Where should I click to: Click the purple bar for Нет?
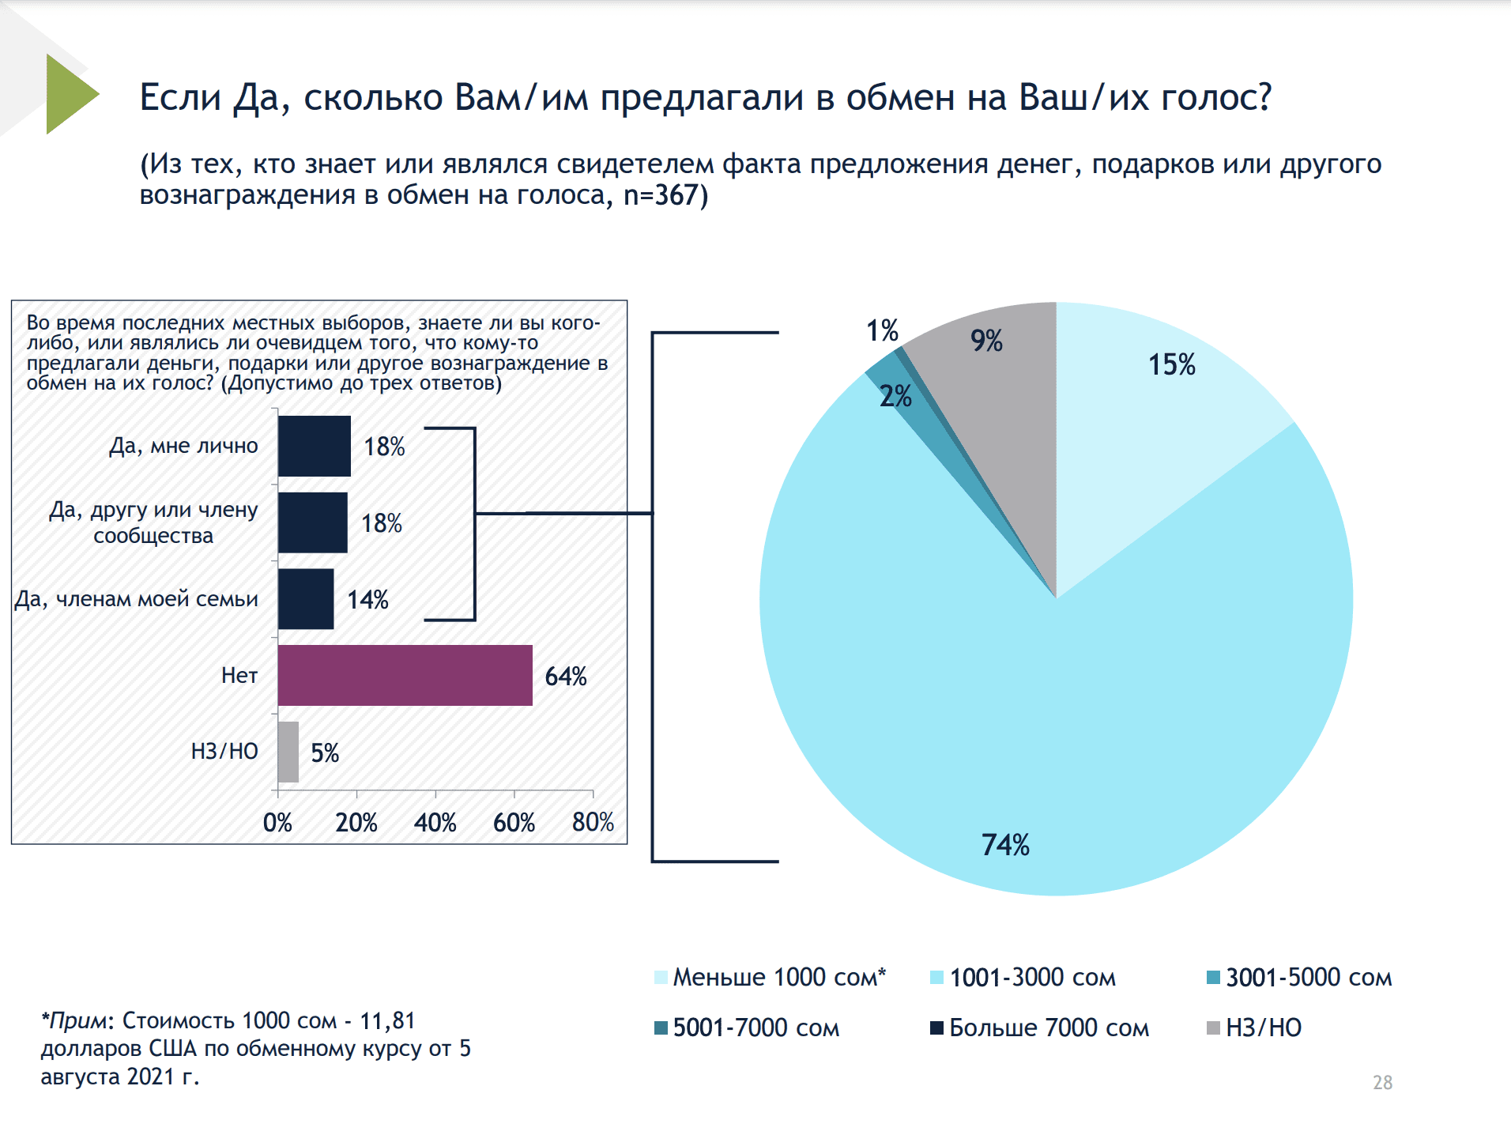405,675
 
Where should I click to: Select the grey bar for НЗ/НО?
288,752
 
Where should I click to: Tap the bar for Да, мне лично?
314,446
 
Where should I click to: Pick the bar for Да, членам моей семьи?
306,599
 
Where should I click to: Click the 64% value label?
566,677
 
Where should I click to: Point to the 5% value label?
325,752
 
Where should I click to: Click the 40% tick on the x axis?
435,823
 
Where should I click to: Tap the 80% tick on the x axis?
593,823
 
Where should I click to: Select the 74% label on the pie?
1005,845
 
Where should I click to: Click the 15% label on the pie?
1172,364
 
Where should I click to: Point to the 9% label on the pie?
987,341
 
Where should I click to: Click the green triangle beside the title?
69,94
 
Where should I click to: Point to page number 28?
1382,1082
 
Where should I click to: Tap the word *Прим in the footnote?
74,1020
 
